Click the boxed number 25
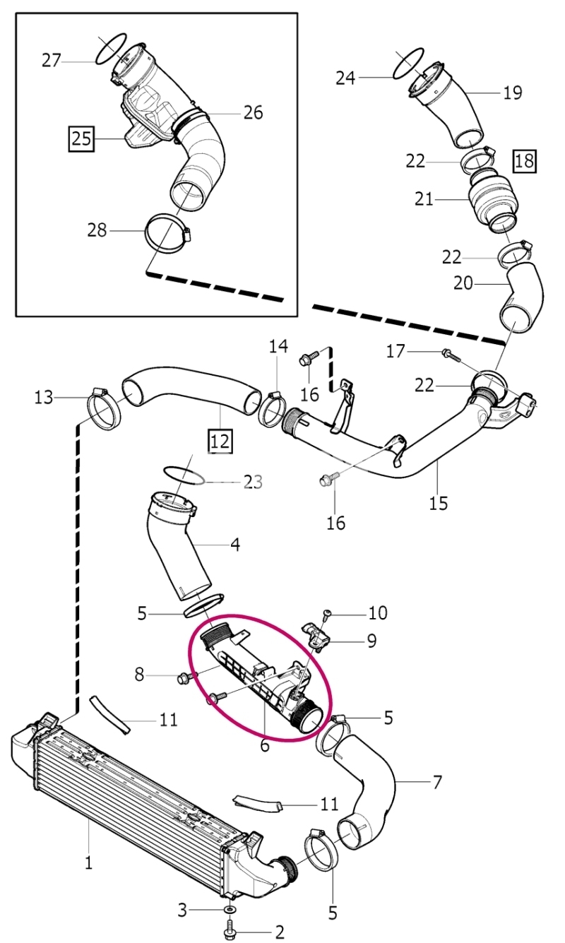click(x=82, y=138)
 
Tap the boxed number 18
click(x=525, y=161)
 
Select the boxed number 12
click(x=220, y=441)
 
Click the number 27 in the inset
click(x=52, y=60)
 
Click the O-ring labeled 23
click(x=184, y=475)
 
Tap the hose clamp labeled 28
click(x=166, y=233)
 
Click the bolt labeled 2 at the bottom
click(x=230, y=930)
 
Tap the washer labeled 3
click(x=230, y=908)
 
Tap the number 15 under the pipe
click(x=439, y=503)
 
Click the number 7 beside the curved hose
click(x=437, y=782)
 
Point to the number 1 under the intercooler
click(x=88, y=862)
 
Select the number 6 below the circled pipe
click(x=265, y=745)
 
